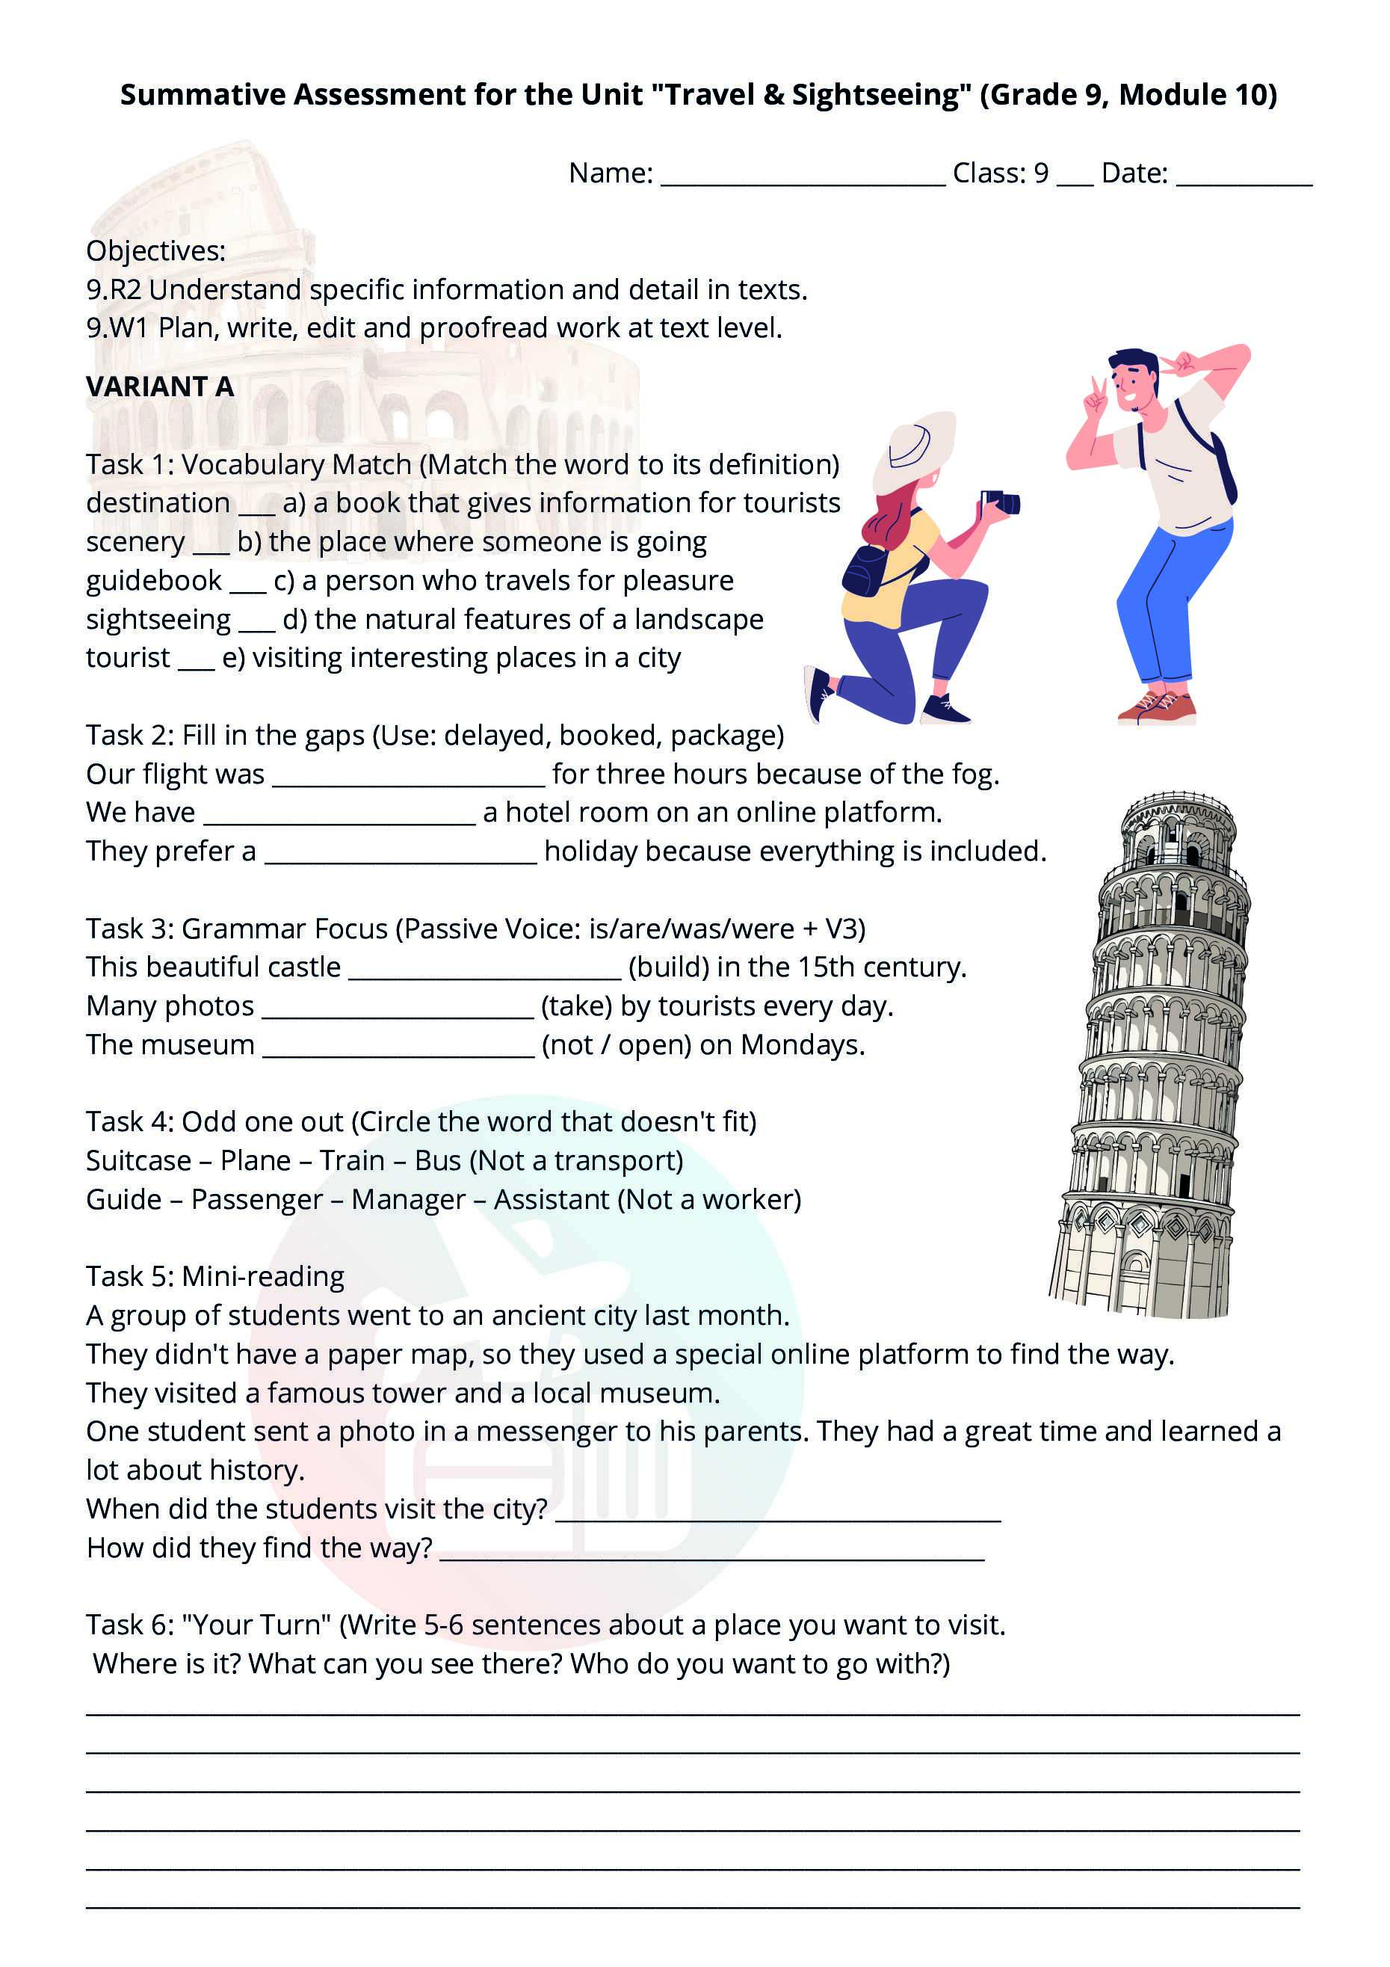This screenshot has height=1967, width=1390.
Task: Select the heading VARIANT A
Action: [160, 387]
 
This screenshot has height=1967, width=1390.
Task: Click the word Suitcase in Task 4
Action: [139, 1161]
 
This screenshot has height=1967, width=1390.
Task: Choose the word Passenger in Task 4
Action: [256, 1199]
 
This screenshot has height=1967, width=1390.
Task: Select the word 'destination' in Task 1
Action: [158, 503]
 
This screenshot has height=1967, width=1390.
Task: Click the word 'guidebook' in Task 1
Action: [154, 581]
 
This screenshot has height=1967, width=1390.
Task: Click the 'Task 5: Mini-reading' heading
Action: [215, 1276]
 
